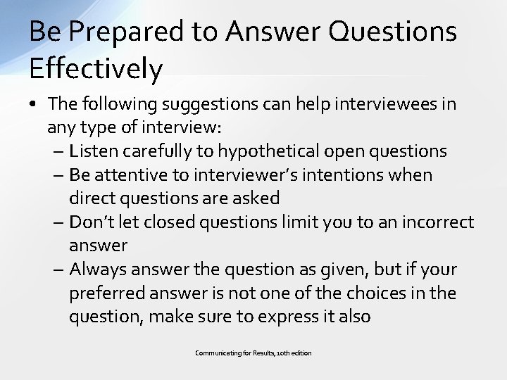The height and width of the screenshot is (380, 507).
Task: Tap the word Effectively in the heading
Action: [x=96, y=69]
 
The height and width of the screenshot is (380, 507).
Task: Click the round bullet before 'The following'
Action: [x=35, y=105]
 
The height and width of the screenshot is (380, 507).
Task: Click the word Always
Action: [x=96, y=270]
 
